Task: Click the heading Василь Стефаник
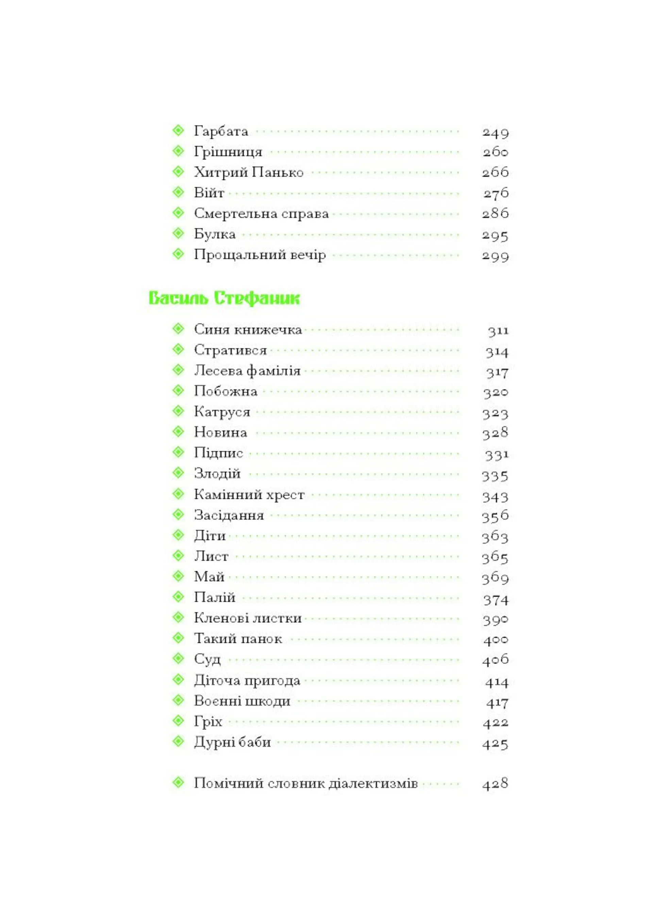coord(224,298)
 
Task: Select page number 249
coord(495,132)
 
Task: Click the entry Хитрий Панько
coord(249,173)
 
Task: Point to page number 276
coord(496,193)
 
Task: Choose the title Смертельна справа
coord(261,214)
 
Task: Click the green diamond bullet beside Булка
coord(178,234)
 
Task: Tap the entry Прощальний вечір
coord(260,255)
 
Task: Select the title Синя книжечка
coord(248,330)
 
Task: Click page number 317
coord(497,372)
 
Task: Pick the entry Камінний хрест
coord(249,495)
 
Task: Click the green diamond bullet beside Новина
coord(178,431)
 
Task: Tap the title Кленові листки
coord(248,618)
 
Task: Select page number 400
coord(496,640)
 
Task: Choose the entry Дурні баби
coord(232,742)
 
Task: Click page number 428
coord(495,784)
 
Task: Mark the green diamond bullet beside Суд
coord(178,659)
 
